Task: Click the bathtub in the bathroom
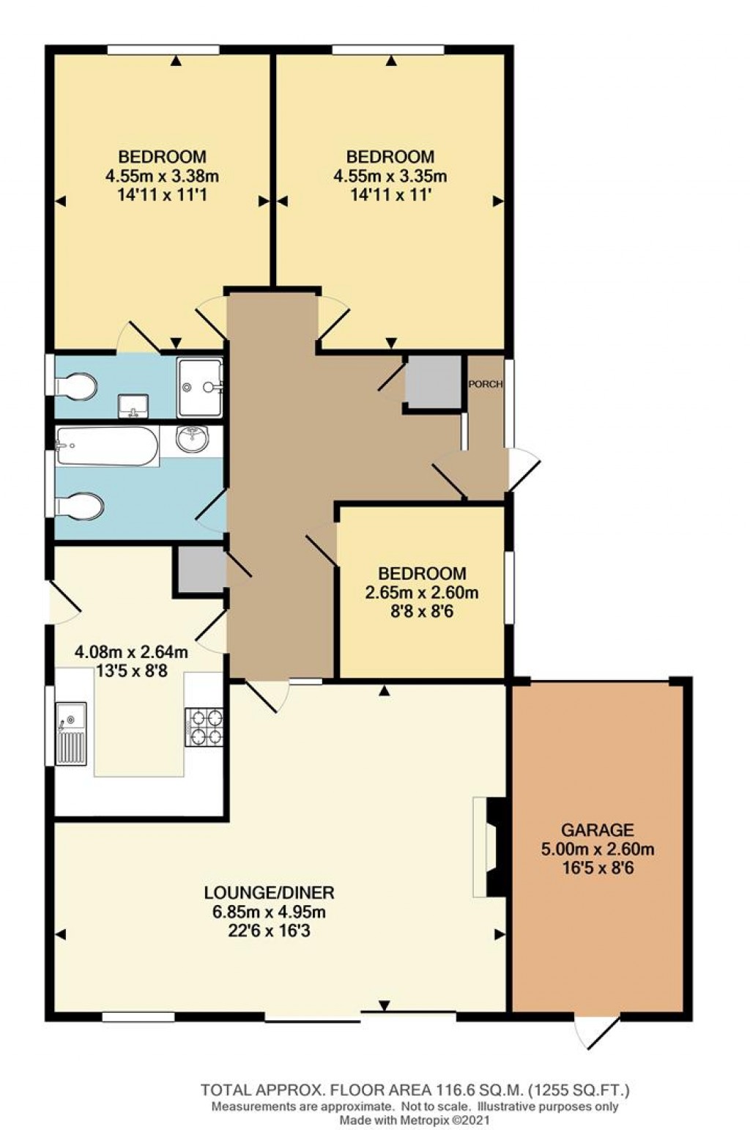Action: [108, 446]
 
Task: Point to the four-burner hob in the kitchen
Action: [204, 726]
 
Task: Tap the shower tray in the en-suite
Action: [199, 388]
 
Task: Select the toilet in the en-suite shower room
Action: [75, 386]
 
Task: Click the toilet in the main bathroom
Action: [79, 506]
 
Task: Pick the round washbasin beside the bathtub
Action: [193, 439]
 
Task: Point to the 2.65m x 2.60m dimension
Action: [421, 592]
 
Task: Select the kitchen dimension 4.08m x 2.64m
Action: [131, 652]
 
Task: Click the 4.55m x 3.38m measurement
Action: [162, 176]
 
